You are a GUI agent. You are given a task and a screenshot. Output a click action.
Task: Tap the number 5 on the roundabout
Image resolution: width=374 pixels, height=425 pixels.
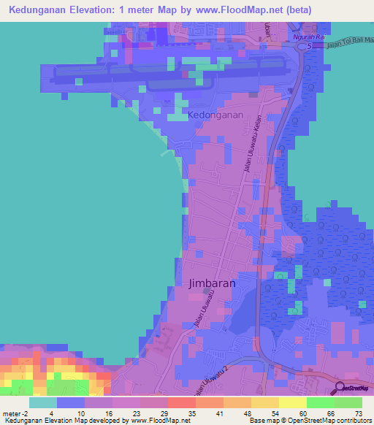click(x=309, y=46)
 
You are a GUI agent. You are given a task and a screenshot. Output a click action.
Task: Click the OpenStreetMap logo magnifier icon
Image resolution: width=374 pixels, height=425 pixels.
click(x=340, y=388)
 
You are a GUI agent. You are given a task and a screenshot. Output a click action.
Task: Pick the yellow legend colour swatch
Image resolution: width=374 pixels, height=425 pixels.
click(x=291, y=402)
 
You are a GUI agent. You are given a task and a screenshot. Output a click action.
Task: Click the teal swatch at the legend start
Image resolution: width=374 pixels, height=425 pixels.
click(x=43, y=402)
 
